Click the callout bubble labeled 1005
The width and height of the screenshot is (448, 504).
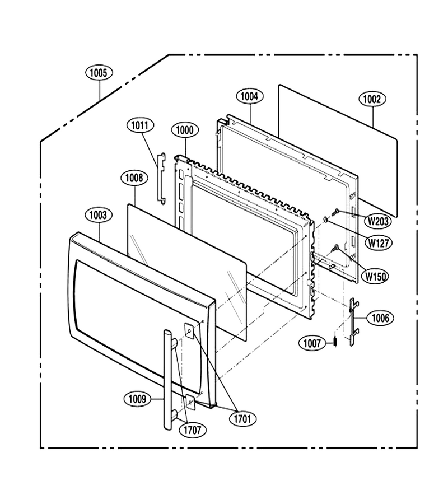click(x=99, y=73)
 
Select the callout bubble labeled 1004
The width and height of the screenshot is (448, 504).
click(x=249, y=96)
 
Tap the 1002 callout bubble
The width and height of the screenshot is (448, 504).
click(x=372, y=99)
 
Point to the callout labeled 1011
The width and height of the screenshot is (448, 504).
click(x=141, y=125)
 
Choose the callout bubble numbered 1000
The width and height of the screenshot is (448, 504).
click(x=185, y=130)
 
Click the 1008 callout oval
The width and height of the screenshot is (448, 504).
click(x=134, y=178)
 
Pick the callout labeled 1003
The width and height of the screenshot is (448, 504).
click(x=99, y=214)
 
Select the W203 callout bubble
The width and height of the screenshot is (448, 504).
click(x=378, y=221)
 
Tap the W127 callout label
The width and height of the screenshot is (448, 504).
click(x=379, y=242)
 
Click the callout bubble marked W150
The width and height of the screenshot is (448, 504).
click(x=375, y=276)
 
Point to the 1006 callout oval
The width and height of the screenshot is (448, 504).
click(x=380, y=318)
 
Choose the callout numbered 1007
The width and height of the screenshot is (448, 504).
click(x=312, y=344)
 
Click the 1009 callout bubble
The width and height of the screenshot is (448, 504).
click(x=137, y=399)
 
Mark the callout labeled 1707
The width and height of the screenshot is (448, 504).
click(x=193, y=430)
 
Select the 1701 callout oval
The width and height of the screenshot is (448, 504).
click(x=242, y=419)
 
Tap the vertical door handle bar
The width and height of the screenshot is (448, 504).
click(x=168, y=379)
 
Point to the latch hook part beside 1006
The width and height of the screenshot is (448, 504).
click(x=353, y=322)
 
